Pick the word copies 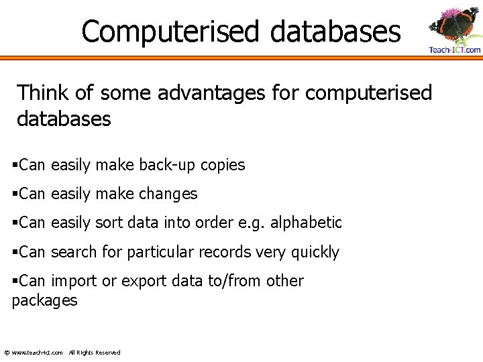coord(222,165)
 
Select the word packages coord(45,300)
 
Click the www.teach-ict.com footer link coord(38,353)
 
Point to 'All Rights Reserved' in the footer coord(95,353)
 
